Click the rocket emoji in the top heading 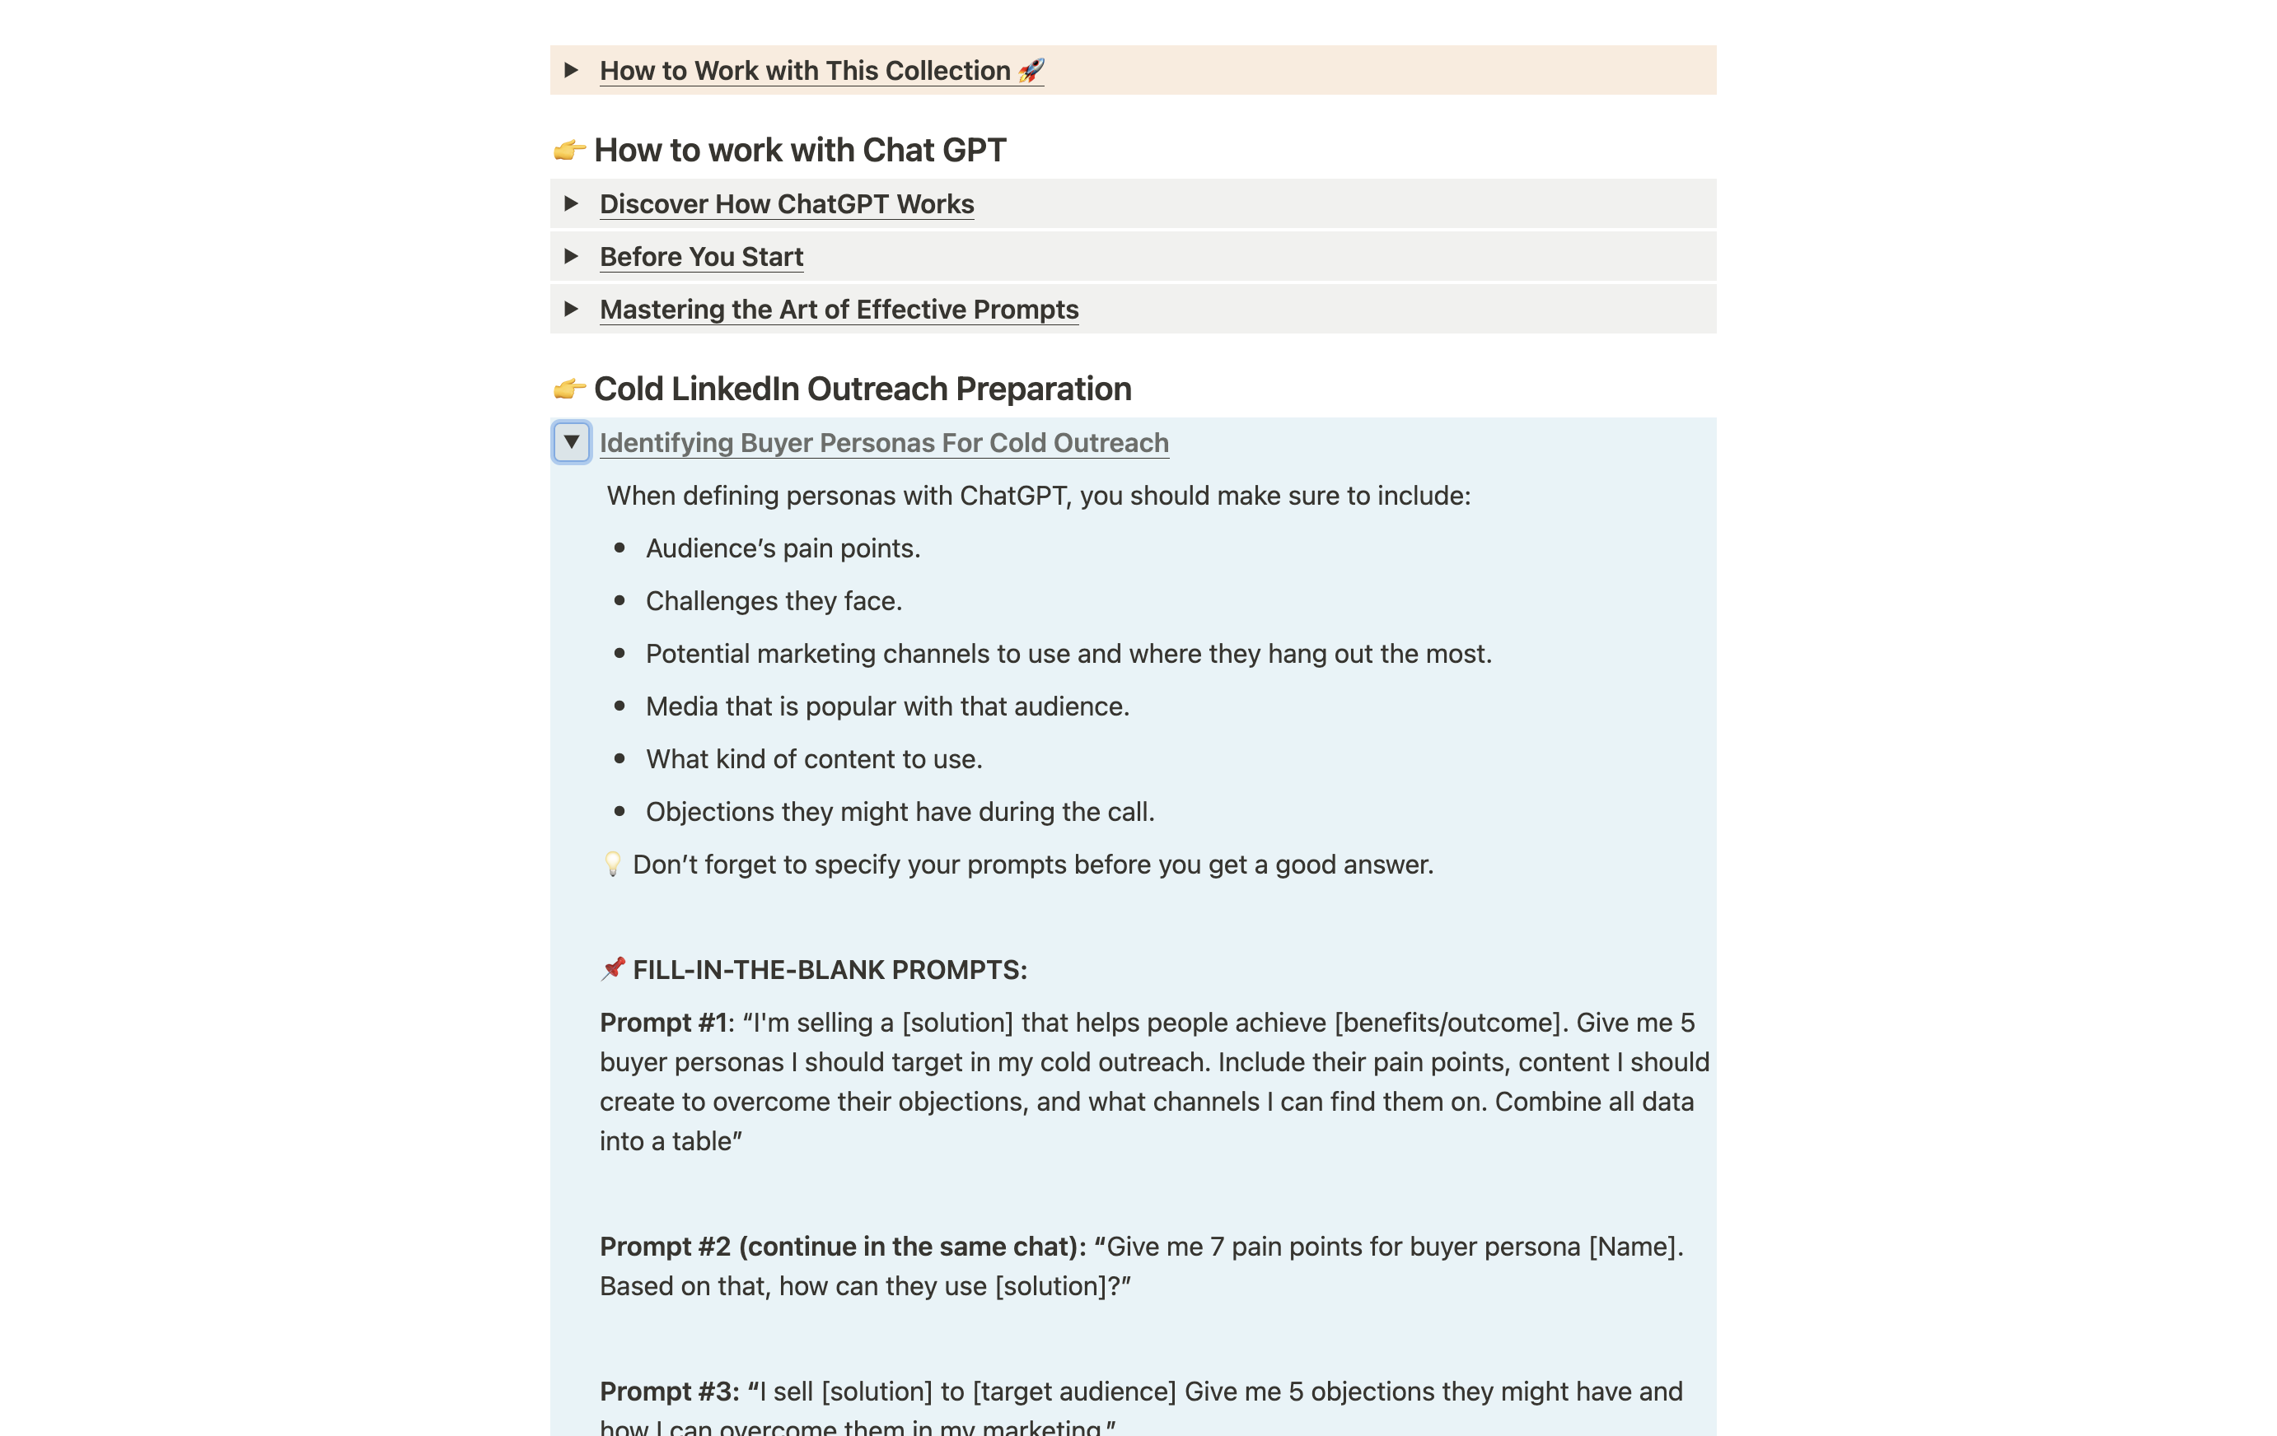[1031, 70]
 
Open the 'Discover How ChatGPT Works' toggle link [786, 204]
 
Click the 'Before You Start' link [701, 257]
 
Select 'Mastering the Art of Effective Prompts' [839, 310]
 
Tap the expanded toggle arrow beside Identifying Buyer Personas [571, 442]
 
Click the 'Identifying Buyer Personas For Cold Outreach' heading [883, 443]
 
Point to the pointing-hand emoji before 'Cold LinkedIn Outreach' [568, 389]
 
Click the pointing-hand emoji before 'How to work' [568, 149]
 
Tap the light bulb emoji [613, 864]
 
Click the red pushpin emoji [613, 969]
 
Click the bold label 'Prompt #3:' [670, 1392]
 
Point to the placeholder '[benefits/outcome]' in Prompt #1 [1447, 1023]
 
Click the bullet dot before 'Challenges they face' [620, 601]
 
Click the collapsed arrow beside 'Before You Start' [571, 256]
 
